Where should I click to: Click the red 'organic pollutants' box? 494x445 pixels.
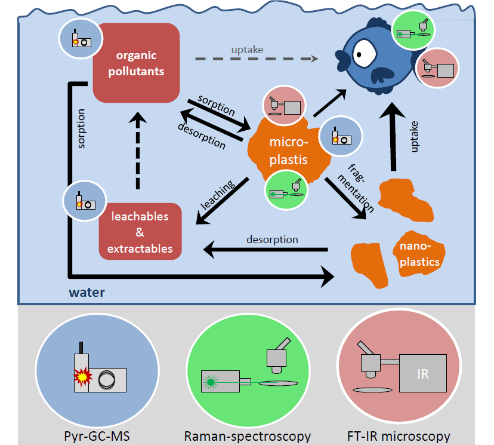137,63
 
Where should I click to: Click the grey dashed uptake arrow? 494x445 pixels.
257,59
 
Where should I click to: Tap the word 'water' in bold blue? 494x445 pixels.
87,292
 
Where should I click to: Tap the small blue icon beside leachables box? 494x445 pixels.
84,200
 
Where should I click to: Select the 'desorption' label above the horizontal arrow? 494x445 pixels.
272,240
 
